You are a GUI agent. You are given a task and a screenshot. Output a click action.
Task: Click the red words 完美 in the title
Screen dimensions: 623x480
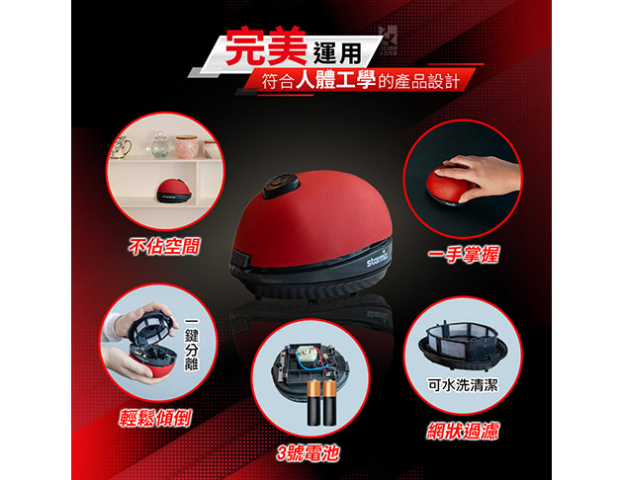[265, 46]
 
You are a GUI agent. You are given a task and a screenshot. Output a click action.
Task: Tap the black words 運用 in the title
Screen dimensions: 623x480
[338, 52]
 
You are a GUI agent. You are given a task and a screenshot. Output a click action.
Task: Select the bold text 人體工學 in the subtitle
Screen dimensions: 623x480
[336, 80]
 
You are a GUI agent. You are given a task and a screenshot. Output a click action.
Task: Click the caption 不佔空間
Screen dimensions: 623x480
[164, 246]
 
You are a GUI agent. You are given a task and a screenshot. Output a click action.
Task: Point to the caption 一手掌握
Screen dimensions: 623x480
[463, 254]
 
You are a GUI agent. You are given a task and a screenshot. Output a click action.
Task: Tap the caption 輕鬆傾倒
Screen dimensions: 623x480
[155, 418]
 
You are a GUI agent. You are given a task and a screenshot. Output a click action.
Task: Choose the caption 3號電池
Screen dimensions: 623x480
[308, 453]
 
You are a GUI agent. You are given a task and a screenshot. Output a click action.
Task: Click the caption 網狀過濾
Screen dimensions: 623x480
[463, 431]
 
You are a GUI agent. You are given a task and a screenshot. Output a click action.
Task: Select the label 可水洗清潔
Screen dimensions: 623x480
[463, 384]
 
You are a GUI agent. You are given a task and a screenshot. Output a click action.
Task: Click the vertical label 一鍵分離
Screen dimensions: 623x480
[192, 344]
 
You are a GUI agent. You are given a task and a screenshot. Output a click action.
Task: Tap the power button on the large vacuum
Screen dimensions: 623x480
[281, 186]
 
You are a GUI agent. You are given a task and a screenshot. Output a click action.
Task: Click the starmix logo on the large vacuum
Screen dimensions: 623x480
[376, 259]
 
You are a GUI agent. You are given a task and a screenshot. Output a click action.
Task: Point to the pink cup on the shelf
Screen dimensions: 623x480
[187, 147]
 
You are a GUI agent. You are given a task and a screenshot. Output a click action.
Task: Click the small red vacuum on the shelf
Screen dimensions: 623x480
[174, 192]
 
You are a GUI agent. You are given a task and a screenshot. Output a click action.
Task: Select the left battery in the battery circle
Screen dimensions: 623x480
[313, 402]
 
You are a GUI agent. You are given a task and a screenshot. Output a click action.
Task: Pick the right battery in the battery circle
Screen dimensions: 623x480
[329, 402]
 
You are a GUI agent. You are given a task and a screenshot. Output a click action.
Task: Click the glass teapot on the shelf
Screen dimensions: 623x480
[160, 145]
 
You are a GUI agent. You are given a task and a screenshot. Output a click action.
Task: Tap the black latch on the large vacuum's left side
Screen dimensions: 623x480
[240, 258]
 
